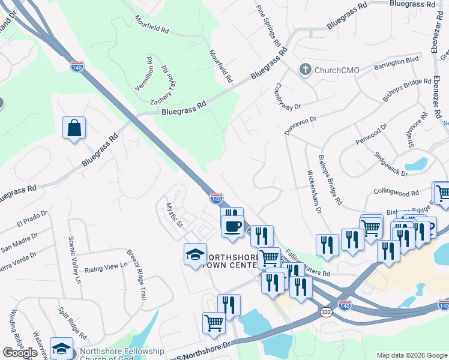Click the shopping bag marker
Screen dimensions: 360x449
tap(74, 128)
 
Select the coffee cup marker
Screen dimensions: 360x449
tap(233, 226)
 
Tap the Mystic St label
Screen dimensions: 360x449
tap(174, 214)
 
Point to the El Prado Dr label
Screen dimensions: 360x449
tap(32, 220)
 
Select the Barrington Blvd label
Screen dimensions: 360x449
tap(396, 62)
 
